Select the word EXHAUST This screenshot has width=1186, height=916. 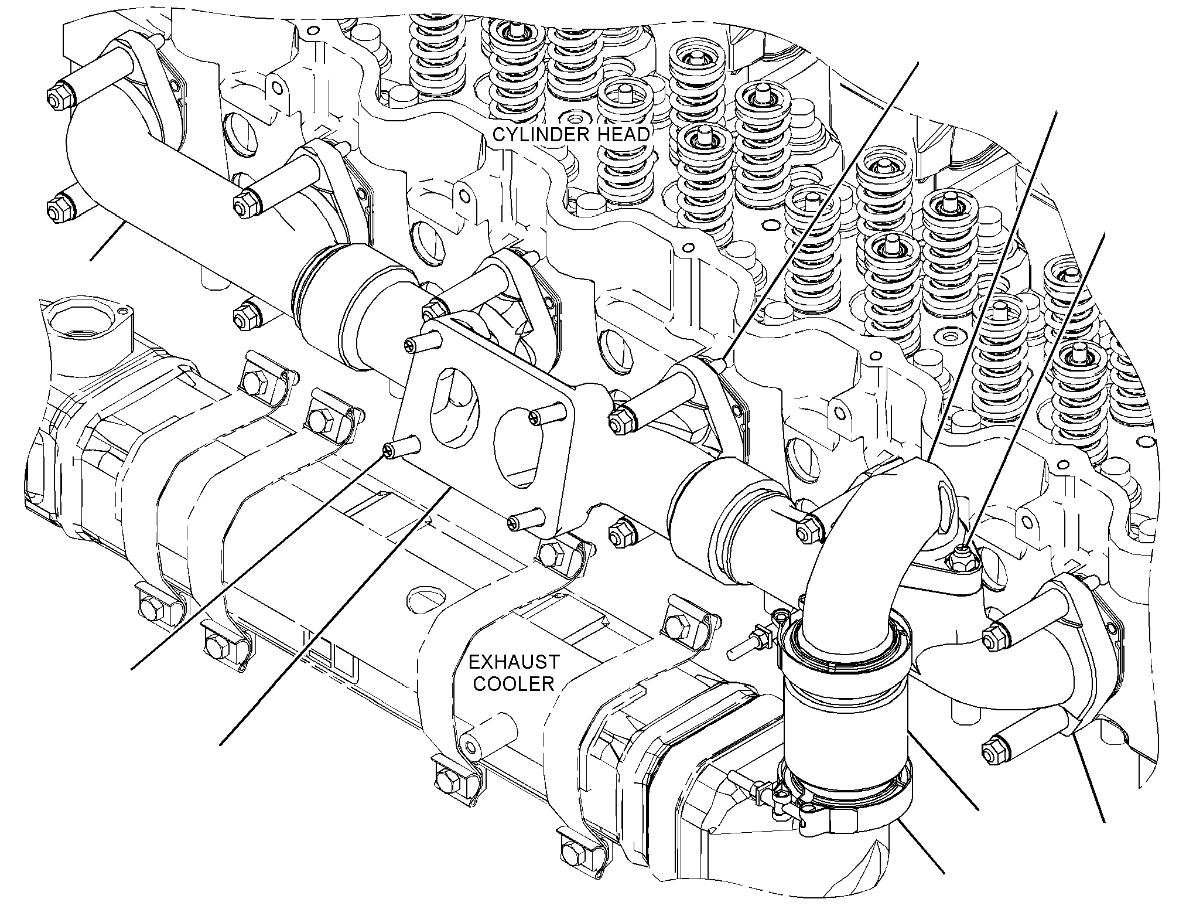(x=514, y=663)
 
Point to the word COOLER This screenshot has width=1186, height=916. (x=514, y=684)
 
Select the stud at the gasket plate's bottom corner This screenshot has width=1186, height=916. (x=524, y=520)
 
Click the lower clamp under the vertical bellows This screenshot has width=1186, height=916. (x=843, y=806)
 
